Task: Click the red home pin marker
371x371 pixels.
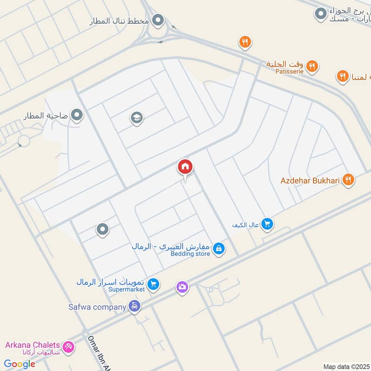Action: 185,167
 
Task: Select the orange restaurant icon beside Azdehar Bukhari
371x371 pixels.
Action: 348,179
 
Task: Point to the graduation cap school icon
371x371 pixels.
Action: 136,118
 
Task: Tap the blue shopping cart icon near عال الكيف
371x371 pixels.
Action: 267,224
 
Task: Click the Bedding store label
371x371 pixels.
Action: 190,254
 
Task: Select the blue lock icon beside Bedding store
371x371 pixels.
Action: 219,249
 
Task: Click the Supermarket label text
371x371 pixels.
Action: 127,289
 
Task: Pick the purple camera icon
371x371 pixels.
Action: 182,287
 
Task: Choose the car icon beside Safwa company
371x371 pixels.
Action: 134,307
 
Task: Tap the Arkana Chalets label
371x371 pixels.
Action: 32,345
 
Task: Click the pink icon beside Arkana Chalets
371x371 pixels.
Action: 68,346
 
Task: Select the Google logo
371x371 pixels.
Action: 19,364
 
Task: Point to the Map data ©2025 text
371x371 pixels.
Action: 346,366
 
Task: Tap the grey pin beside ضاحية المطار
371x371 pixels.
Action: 77,115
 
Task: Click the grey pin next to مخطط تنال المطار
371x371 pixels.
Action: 159,20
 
